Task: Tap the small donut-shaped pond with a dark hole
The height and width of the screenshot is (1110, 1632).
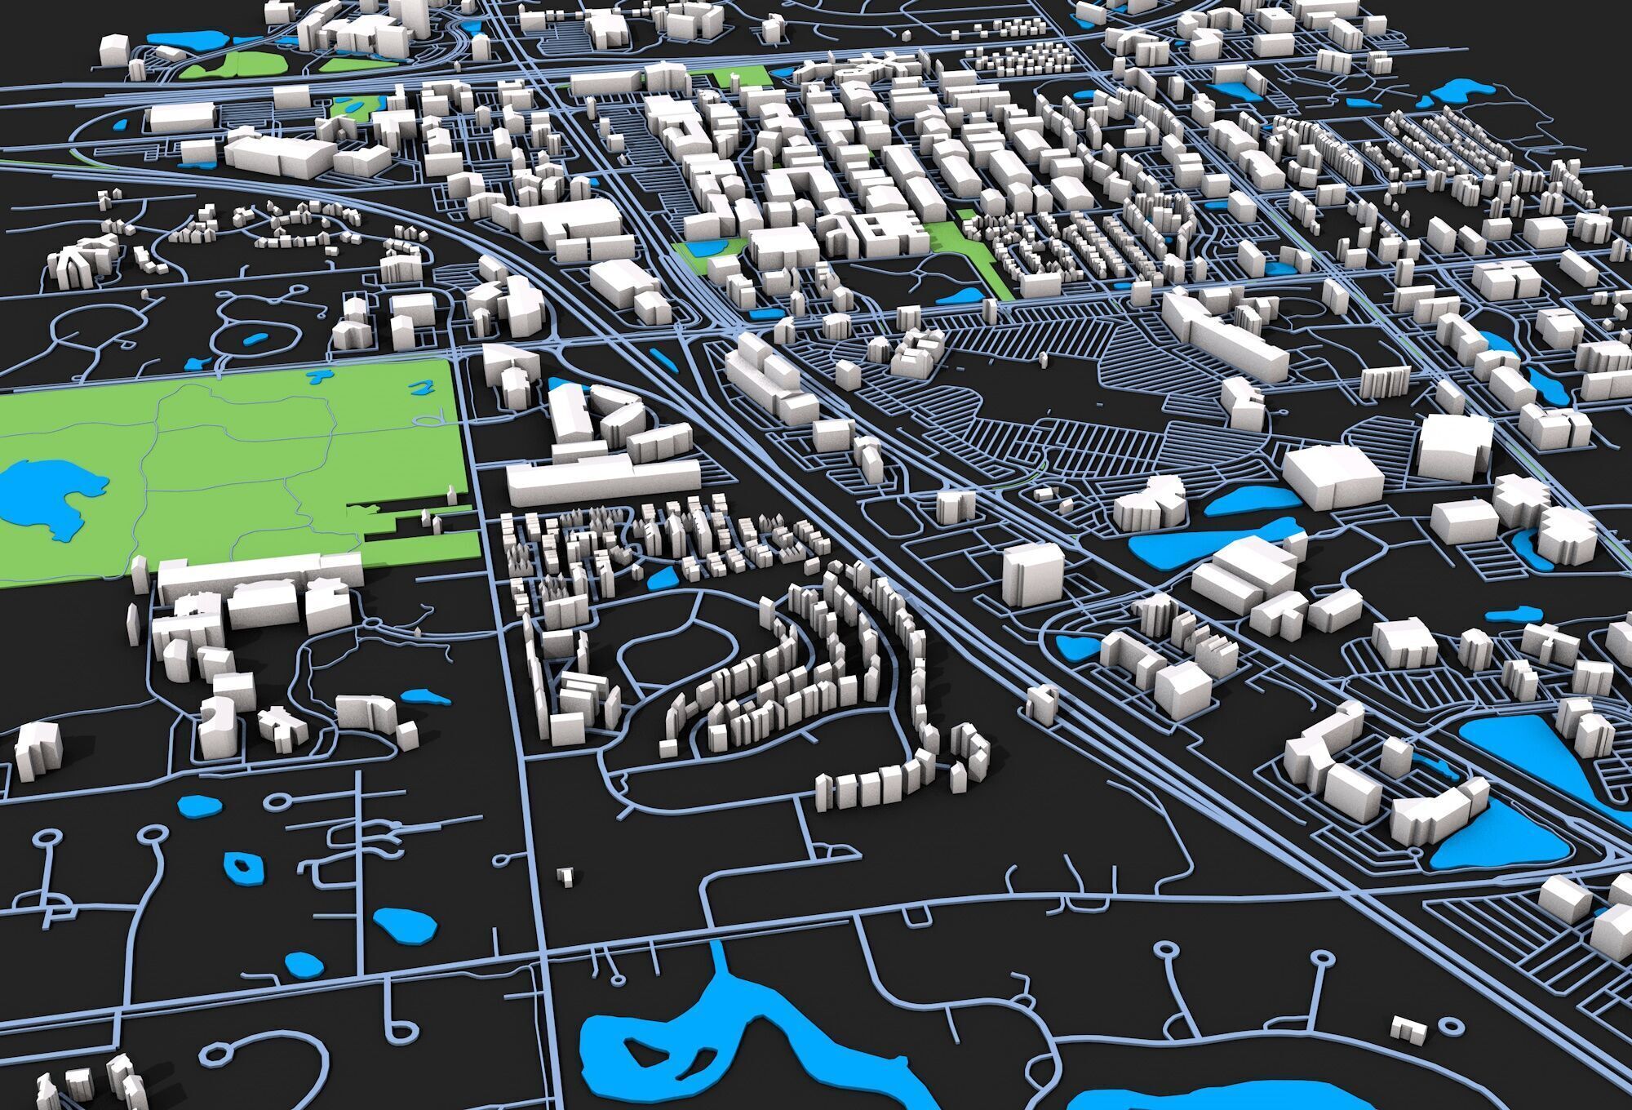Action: click(242, 867)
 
